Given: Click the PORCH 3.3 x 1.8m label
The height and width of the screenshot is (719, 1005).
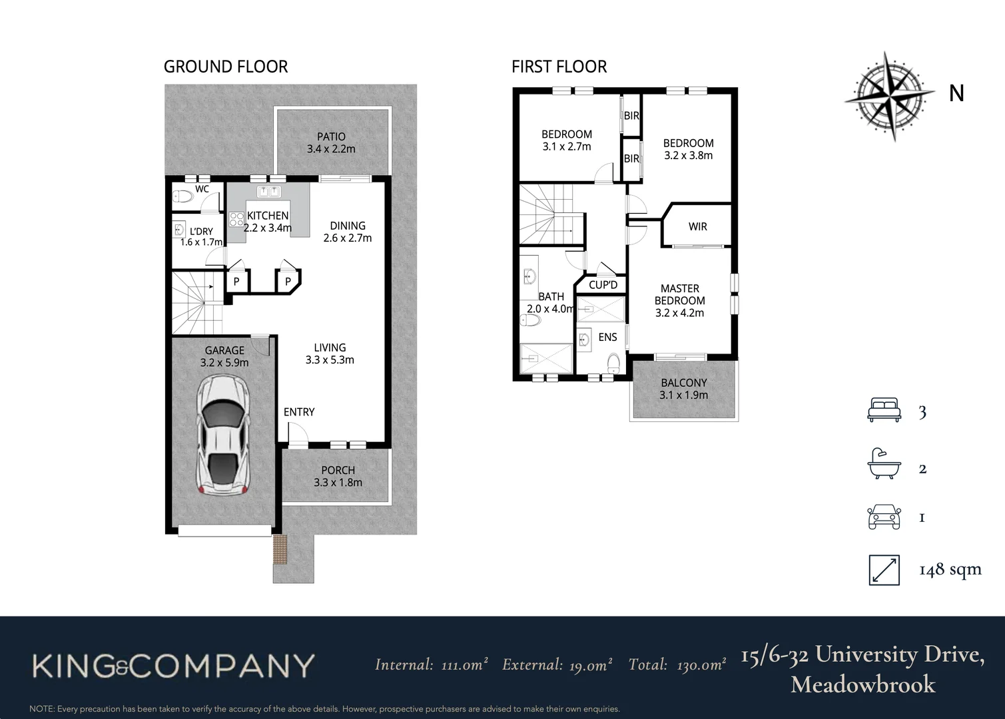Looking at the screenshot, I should point(338,476).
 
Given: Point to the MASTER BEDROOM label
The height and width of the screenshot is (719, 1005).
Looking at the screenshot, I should point(679,300).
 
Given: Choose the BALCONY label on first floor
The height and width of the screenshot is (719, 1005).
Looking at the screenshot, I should point(683,389).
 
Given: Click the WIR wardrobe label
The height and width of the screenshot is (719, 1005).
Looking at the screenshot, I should point(697,226).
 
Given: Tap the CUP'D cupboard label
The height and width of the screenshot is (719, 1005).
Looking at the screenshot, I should point(603,285).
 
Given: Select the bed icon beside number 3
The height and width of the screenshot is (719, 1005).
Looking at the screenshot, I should point(884,410).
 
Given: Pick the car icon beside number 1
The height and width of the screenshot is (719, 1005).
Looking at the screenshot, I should point(884,517).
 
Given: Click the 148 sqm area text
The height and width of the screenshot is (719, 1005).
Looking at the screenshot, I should point(950,569).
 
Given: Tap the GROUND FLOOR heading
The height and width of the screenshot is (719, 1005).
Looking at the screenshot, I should point(226,67).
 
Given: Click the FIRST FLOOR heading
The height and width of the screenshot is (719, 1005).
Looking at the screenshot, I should point(559,67).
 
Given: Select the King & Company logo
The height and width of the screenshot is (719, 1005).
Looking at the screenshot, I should point(173,666).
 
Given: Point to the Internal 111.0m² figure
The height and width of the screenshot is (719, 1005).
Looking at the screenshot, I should point(431,664).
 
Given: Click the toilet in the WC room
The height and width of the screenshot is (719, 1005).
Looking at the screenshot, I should point(182,196).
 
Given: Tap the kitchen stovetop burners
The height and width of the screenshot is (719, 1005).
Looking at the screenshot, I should point(236,219).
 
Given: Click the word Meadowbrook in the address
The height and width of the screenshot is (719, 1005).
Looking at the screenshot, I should point(862,684).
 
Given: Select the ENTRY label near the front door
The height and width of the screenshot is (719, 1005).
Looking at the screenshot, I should point(299,412).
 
